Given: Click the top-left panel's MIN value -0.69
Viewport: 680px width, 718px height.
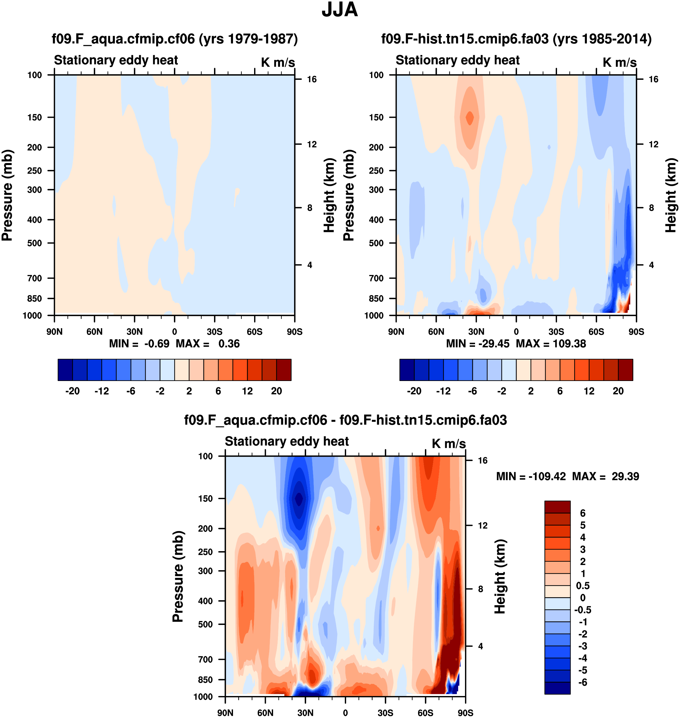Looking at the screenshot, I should pyautogui.click(x=157, y=343).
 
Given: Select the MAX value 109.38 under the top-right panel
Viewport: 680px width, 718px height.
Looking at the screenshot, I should pyautogui.click(x=569, y=343).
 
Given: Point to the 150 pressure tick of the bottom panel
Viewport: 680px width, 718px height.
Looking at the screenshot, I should pyautogui.click(x=205, y=498).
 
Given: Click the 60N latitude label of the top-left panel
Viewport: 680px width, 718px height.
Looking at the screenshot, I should pyautogui.click(x=94, y=332).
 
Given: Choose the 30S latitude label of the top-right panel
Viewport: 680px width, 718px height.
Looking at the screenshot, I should pyautogui.click(x=556, y=332).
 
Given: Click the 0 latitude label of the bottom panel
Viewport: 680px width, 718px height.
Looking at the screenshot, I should pyautogui.click(x=345, y=713).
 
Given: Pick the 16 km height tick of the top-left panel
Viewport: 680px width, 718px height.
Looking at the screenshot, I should pyautogui.click(x=311, y=79).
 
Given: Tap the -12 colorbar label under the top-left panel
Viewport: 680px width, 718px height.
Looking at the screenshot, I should pyautogui.click(x=102, y=391).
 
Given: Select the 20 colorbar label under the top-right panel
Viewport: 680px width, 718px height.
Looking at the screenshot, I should pyautogui.click(x=618, y=391).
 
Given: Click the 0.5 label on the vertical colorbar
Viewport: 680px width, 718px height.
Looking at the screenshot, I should pyautogui.click(x=583, y=586).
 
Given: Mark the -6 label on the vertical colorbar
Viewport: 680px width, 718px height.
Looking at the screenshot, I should pyautogui.click(x=583, y=682).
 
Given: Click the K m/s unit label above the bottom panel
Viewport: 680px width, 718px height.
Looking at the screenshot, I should pyautogui.click(x=449, y=444).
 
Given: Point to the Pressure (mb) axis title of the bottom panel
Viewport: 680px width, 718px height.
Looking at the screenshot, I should pyautogui.click(x=178, y=576).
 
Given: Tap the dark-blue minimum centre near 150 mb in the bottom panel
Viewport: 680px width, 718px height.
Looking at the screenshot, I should pyautogui.click(x=299, y=498).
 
